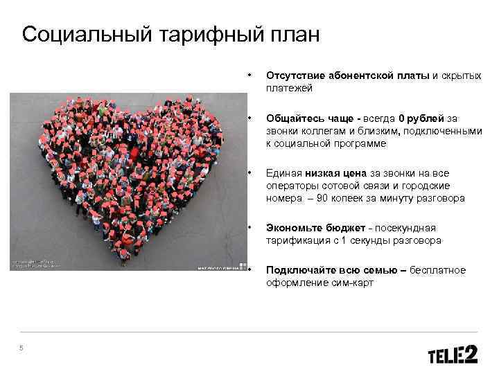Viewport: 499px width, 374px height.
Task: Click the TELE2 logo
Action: click(453, 355)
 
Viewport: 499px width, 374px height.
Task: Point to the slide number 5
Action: click(21, 348)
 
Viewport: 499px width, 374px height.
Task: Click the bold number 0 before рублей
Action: click(402, 119)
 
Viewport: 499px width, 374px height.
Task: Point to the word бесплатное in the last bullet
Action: click(440, 271)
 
